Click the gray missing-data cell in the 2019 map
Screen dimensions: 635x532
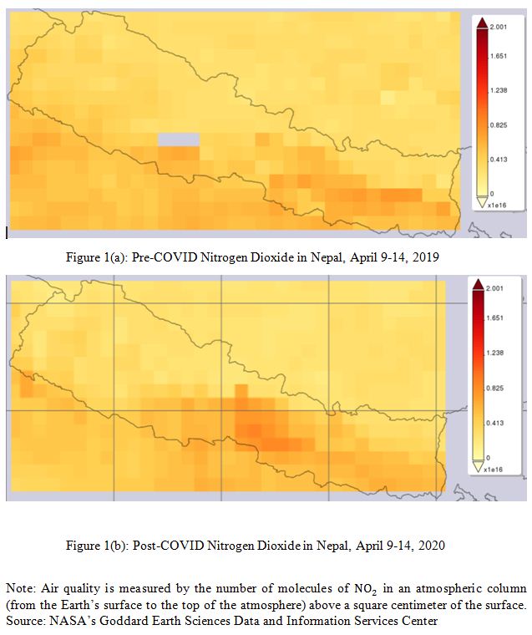180,140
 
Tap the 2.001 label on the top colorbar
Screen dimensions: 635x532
498,27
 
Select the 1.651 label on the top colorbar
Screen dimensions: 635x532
498,57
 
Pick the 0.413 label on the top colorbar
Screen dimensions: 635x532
498,158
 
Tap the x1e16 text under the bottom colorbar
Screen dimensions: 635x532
492,470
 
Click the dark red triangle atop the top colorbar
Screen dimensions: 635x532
482,26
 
